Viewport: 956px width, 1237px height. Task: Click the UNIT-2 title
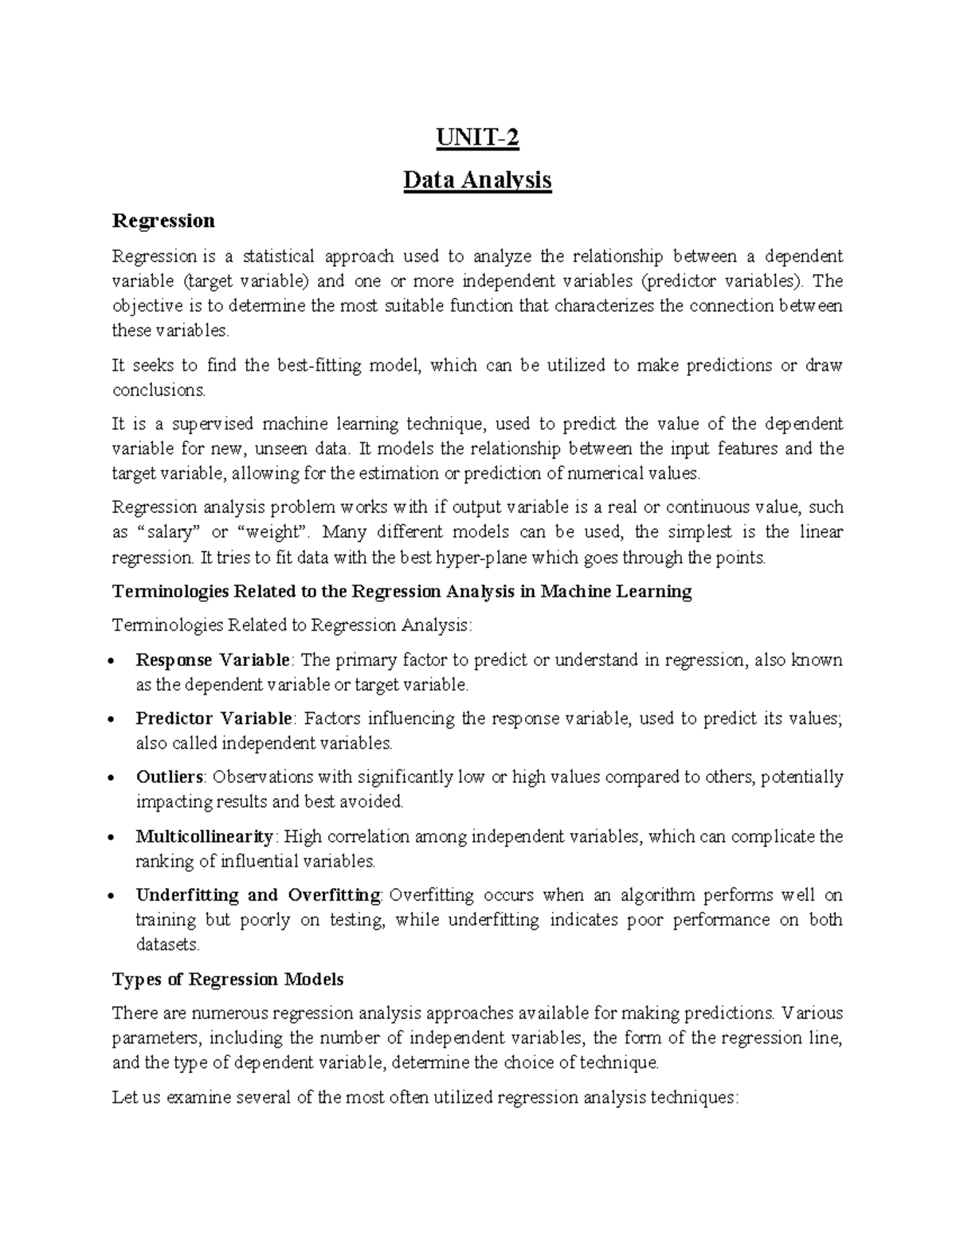(x=477, y=139)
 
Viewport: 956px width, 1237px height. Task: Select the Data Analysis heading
(x=477, y=180)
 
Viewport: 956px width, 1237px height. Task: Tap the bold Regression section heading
(x=163, y=220)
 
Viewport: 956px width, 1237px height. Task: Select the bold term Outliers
(x=170, y=777)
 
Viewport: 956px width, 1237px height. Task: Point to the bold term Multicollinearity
(x=205, y=836)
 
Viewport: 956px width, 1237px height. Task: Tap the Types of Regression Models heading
(x=228, y=979)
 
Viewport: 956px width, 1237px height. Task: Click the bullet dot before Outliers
(x=117, y=778)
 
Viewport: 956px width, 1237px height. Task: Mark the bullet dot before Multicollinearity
(x=117, y=838)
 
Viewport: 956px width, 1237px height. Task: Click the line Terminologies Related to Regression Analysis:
(x=292, y=625)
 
